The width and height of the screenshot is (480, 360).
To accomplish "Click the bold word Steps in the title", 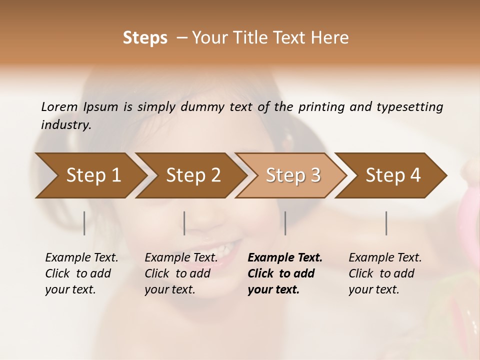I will tap(145, 38).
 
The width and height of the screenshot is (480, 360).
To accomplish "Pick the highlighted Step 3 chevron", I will tap(293, 175).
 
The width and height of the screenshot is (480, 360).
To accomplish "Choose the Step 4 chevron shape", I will tap(393, 175).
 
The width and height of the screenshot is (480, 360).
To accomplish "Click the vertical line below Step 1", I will tap(84, 223).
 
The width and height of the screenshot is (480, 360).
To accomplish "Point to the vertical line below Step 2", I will tap(184, 223).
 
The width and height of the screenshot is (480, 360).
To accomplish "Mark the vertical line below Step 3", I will tap(285, 223).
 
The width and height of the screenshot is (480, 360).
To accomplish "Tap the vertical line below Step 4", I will tap(386, 223).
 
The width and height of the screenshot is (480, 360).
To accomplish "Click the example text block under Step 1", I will tap(81, 273).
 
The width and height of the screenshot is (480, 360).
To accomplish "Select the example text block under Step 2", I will tap(181, 273).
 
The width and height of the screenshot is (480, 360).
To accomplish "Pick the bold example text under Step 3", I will tap(285, 273).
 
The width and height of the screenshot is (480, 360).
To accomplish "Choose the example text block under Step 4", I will tap(385, 273).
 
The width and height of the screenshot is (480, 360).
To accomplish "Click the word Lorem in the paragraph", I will tap(59, 106).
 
